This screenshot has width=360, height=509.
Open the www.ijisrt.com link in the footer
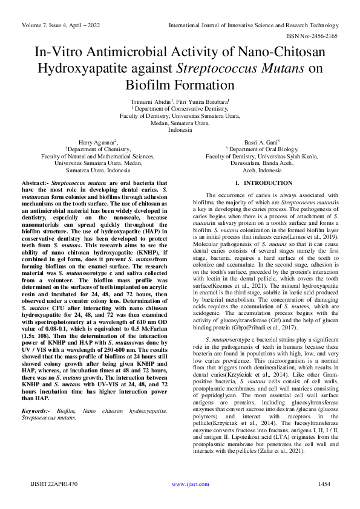click(186, 484)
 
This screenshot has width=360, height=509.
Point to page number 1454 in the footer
click(324, 484)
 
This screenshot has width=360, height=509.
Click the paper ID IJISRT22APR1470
click(53, 484)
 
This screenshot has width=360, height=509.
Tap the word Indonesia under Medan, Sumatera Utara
click(180, 129)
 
